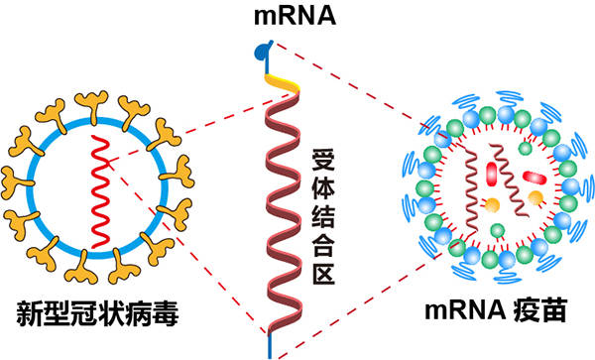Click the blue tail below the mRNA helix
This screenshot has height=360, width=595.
pos(267,347)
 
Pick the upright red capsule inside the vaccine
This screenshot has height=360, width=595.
pos(491,175)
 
